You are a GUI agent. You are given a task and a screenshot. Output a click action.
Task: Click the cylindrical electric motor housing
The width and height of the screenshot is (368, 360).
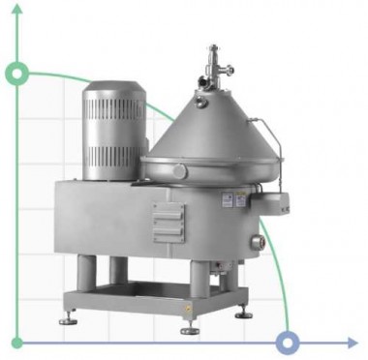114,135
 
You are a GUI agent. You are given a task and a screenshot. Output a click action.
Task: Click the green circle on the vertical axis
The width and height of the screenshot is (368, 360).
16,74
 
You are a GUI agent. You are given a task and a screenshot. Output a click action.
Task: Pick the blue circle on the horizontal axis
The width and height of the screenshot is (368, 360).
287,342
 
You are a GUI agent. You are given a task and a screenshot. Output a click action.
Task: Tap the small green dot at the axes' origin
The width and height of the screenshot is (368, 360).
16,342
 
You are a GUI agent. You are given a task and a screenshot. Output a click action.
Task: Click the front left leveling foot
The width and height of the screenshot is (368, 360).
69,318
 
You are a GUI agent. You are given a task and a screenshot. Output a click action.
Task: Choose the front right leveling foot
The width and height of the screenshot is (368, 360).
244,314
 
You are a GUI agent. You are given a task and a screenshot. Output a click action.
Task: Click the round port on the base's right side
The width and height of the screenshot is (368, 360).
259,240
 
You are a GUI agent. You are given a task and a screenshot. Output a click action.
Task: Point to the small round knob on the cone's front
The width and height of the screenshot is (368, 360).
181,170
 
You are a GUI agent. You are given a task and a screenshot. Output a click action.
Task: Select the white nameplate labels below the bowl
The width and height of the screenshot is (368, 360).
232,199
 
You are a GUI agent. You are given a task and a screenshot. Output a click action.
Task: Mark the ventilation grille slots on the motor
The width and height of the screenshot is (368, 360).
113,144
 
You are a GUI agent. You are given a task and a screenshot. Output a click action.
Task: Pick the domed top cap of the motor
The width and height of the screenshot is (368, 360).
114,88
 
